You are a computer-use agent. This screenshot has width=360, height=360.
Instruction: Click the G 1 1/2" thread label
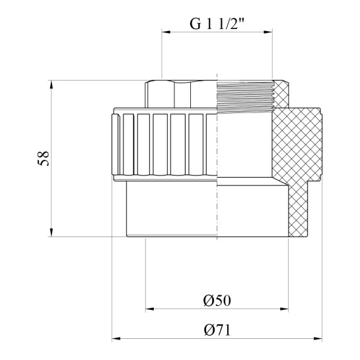217,24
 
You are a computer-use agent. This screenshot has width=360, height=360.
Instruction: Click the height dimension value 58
44,158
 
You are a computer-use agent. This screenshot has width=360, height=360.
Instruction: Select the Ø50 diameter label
217,301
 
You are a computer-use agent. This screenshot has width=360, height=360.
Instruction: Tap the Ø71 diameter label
217,330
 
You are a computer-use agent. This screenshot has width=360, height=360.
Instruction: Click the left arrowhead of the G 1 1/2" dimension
166,32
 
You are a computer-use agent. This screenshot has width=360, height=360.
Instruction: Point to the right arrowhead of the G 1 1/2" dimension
268,32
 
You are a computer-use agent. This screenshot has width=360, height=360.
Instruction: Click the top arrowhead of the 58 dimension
52,85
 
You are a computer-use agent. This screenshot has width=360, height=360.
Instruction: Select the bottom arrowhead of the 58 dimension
52,233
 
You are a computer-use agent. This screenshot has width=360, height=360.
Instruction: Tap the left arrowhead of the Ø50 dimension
150,309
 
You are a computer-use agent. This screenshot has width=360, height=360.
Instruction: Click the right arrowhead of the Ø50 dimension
284,309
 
